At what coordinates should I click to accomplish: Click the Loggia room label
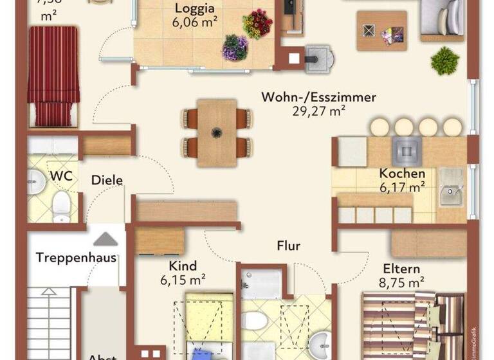(196, 10)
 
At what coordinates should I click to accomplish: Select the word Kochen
(401, 174)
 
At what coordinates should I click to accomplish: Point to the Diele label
(106, 181)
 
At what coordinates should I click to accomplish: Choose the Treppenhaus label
(76, 258)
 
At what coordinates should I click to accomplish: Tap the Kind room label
(183, 266)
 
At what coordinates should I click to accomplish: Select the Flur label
(288, 245)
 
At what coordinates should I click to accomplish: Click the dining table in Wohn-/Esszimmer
(217, 132)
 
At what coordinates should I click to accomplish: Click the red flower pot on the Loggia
(257, 24)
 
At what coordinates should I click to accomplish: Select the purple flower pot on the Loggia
(235, 47)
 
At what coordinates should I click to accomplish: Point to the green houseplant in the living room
(444, 61)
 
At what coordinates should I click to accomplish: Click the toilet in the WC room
(62, 204)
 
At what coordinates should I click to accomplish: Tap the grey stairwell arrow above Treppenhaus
(105, 239)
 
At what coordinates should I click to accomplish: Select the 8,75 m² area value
(401, 282)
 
